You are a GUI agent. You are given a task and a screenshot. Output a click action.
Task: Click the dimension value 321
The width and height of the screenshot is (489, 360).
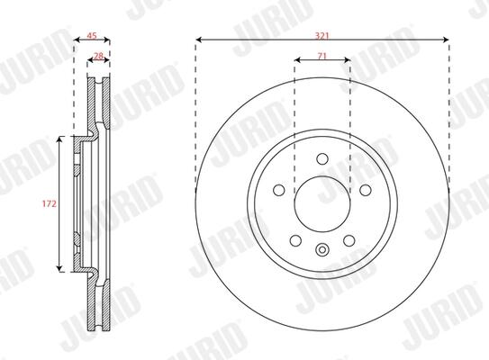click(x=322, y=36)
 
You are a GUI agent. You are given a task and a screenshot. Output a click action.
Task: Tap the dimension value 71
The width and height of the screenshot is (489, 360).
click(x=322, y=56)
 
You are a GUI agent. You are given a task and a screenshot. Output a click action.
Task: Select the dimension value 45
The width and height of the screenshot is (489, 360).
click(x=91, y=36)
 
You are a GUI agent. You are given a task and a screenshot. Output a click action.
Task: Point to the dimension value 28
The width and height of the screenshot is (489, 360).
click(x=98, y=56)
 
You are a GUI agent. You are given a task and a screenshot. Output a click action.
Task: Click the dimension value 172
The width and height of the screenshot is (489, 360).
click(x=50, y=203)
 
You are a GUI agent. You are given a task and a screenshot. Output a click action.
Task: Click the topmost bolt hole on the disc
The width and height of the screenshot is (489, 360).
click(x=322, y=158)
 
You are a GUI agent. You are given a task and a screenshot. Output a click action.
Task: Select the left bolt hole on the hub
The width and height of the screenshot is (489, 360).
click(x=279, y=190)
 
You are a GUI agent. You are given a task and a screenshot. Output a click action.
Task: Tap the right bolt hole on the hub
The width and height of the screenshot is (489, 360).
click(x=366, y=190)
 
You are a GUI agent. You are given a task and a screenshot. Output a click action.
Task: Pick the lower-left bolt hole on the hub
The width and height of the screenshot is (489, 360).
click(x=295, y=240)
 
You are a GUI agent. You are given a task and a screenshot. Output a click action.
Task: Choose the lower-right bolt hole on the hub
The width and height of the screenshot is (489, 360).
click(x=349, y=240)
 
